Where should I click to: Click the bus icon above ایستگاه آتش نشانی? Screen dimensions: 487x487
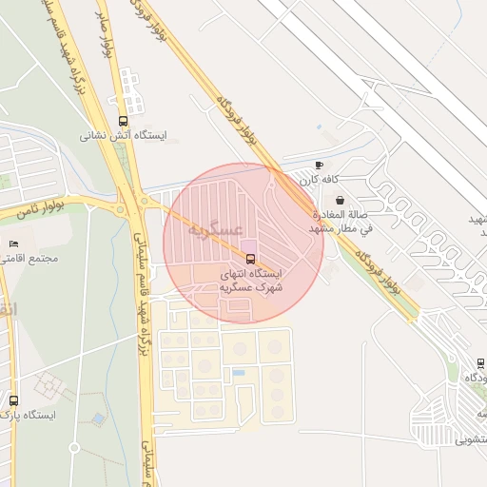tap(123, 121)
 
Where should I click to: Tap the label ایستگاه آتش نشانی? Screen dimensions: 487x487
tap(123, 136)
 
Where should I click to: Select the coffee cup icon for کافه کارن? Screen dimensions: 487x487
tap(318, 165)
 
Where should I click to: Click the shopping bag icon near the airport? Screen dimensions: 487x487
tap(341, 200)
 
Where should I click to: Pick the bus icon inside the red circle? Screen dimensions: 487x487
tap(250, 259)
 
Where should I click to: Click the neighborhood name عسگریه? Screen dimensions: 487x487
tap(215, 230)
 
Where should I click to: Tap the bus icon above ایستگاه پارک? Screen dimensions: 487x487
tap(13, 400)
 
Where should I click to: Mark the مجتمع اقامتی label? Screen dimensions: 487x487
tap(31, 259)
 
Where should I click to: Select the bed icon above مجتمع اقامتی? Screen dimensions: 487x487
tap(13, 243)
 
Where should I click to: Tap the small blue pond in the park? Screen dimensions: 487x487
tap(99, 419)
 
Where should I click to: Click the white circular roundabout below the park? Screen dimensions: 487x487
tap(74, 447)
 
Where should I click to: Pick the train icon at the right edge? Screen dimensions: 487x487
tap(480, 363)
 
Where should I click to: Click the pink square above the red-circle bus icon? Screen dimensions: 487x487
tap(249, 246)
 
